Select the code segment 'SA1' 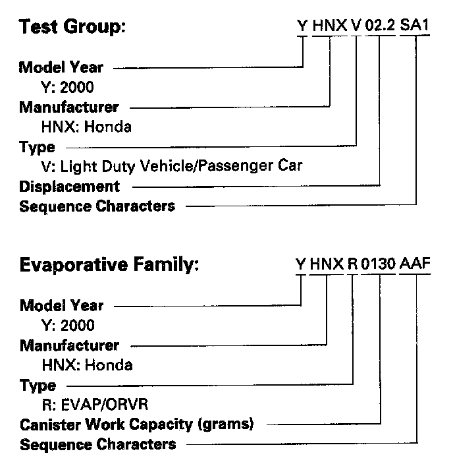[415, 28]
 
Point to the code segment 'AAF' [415, 266]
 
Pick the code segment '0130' [379, 266]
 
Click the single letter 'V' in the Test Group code [356, 28]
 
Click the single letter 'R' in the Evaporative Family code [352, 266]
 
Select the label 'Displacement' [70, 187]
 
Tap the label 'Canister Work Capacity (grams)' [137, 424]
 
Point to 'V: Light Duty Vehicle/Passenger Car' [171, 166]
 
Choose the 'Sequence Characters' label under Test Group [97, 206]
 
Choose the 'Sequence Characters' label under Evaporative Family [98, 444]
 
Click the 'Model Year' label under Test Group [61, 67]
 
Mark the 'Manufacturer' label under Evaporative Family [70, 345]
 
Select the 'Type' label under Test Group [38, 147]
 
